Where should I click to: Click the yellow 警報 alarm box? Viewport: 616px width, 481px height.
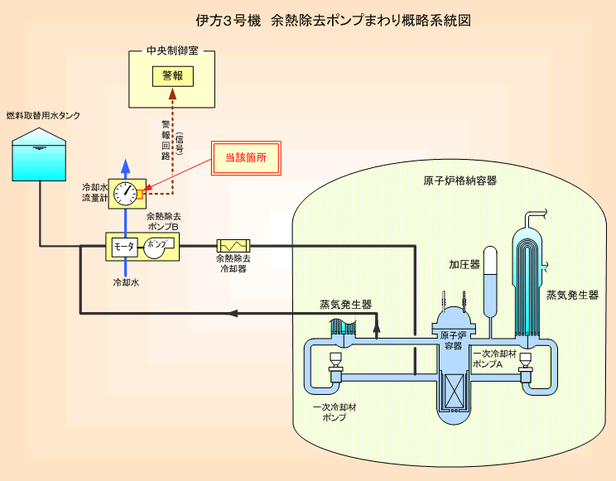(173, 76)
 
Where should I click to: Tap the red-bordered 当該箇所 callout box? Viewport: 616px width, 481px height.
(247, 158)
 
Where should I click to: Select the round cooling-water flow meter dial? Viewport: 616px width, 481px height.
(125, 194)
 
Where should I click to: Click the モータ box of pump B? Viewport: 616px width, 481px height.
(124, 248)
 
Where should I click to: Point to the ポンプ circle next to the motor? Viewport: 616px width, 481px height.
(156, 248)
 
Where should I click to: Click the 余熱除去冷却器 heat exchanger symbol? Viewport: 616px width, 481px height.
(233, 246)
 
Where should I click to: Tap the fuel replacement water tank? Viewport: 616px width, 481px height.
(39, 155)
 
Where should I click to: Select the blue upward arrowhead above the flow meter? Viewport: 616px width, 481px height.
(125, 166)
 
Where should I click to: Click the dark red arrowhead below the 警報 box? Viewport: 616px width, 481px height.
(172, 94)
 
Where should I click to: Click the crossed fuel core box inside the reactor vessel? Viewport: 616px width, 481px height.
(454, 391)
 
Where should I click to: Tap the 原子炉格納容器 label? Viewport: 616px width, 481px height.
(460, 180)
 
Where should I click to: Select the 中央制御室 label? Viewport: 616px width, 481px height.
(172, 51)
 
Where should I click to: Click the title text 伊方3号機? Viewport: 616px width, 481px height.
(229, 21)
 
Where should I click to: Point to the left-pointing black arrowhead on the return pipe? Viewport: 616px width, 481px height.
(233, 313)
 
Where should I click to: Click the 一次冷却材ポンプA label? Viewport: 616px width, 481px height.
(494, 358)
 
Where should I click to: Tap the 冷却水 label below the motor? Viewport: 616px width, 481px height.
(126, 282)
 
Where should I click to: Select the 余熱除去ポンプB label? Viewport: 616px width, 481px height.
(164, 221)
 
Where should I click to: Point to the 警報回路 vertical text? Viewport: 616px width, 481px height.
(166, 140)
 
